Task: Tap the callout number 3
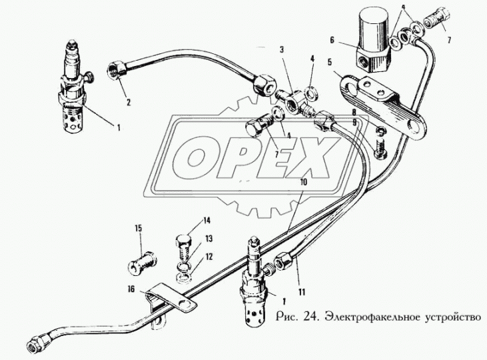(x=281, y=49)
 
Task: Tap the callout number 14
(x=207, y=219)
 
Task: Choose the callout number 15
(x=139, y=228)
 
